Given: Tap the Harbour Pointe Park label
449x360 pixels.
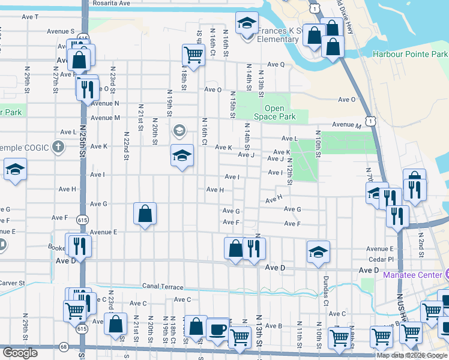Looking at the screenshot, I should pyautogui.click(x=410, y=54).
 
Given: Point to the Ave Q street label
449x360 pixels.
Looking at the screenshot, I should pyautogui.click(x=276, y=64).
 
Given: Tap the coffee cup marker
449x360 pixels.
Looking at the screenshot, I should pyautogui.click(x=217, y=329).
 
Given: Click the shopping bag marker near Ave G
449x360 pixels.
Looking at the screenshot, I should pyautogui.click(x=145, y=214).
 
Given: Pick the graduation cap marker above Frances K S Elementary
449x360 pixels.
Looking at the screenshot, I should pyautogui.click(x=246, y=24).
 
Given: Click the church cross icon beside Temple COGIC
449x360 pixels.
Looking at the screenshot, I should pyautogui.click(x=58, y=146).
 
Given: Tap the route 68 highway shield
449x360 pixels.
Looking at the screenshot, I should pyautogui.click(x=64, y=347).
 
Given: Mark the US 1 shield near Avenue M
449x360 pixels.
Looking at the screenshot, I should pyautogui.click(x=373, y=121).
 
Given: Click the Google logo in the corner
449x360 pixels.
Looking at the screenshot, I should pyautogui.click(x=20, y=353).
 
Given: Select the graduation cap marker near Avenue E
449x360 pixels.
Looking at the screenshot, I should pyautogui.click(x=318, y=252).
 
